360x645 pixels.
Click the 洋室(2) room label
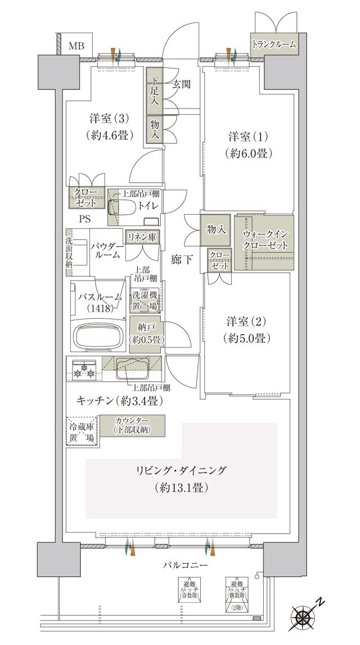pyautogui.click(x=246, y=330)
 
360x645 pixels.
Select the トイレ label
pyautogui.click(x=151, y=206)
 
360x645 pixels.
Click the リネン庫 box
pyautogui.click(x=141, y=238)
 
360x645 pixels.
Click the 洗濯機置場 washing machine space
pyautogui.click(x=145, y=301)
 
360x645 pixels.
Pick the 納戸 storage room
pyautogui.click(x=146, y=333)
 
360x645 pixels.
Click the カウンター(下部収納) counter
pyautogui.click(x=132, y=426)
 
